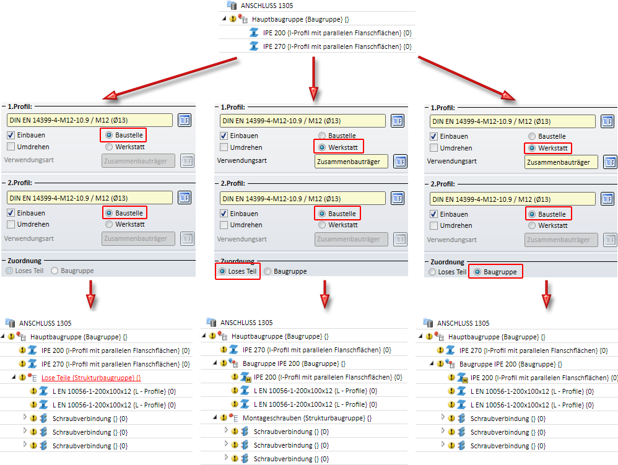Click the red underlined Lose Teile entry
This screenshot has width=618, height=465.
pyautogui.click(x=90, y=377)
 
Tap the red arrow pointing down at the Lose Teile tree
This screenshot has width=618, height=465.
pyautogui.click(x=91, y=294)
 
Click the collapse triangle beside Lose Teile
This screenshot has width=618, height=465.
pyautogui.click(x=13, y=377)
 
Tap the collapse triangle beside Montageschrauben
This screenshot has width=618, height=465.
pyautogui.click(x=214, y=418)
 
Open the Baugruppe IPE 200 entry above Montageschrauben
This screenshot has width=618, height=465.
pyautogui.click(x=294, y=363)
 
